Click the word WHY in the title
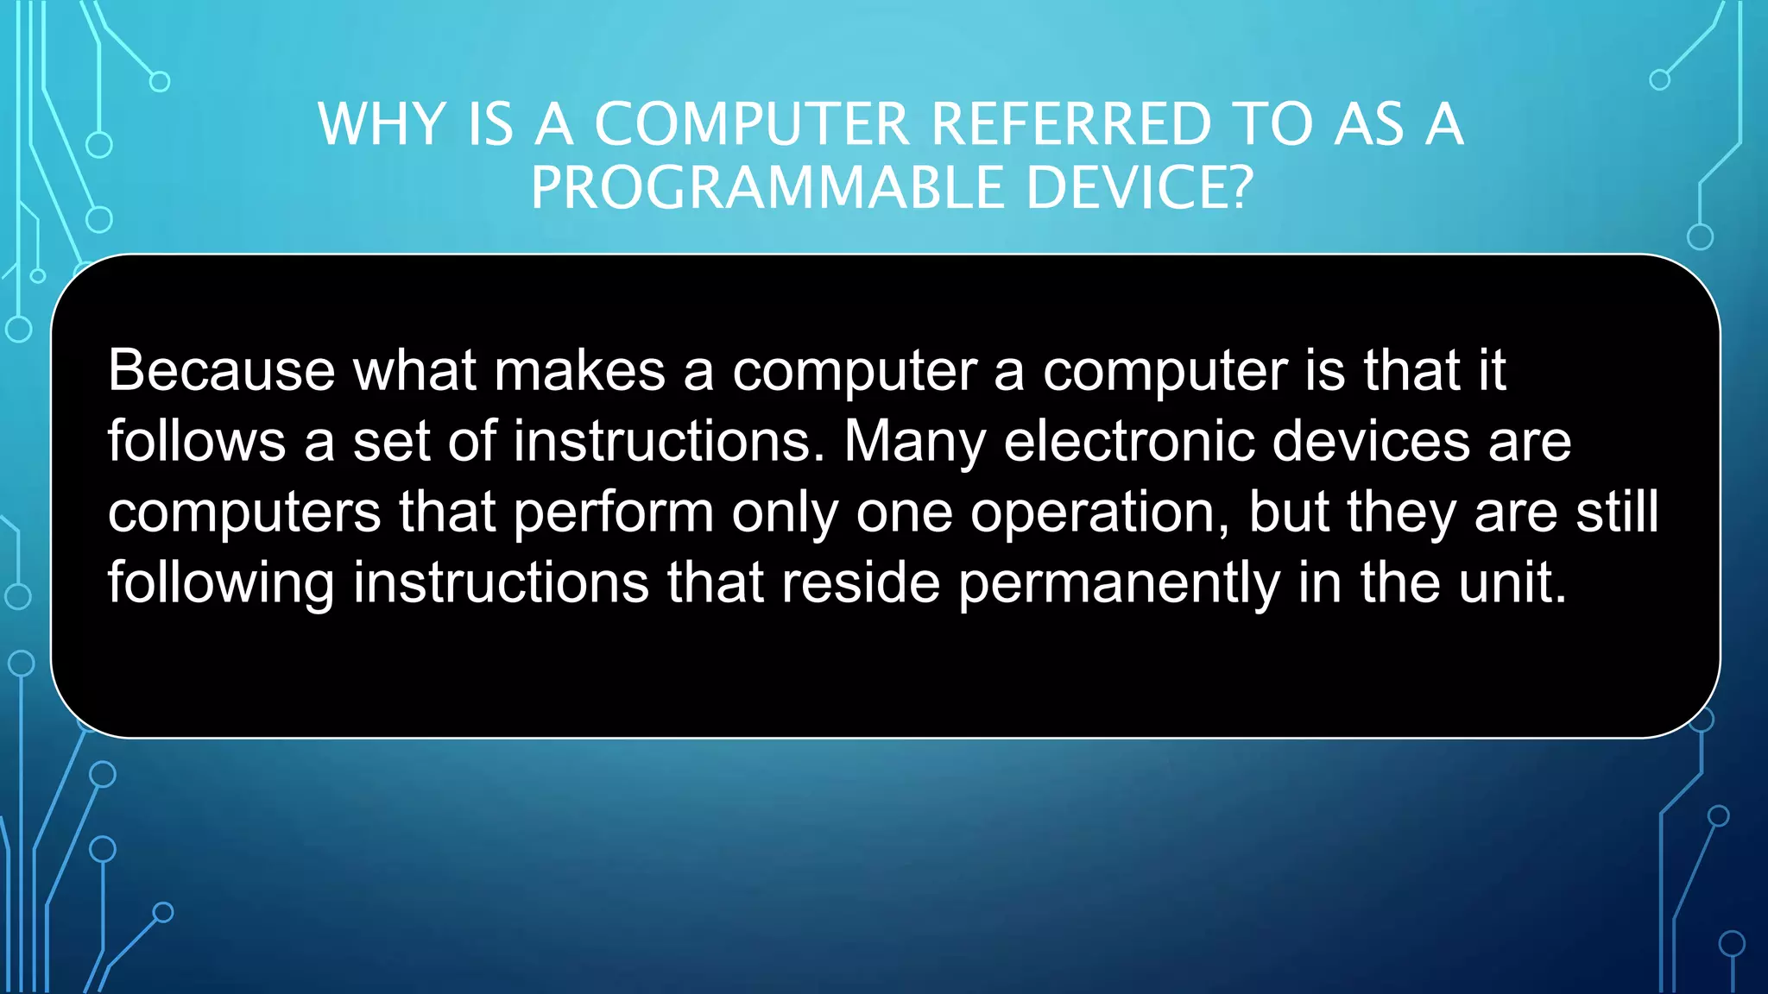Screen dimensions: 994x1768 tap(381, 124)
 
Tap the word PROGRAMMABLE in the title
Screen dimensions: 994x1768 tap(767, 188)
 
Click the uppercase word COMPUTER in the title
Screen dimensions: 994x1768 tap(752, 124)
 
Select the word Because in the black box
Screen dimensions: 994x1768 tap(221, 370)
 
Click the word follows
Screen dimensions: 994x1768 tap(196, 441)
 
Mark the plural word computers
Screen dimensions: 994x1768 tap(244, 513)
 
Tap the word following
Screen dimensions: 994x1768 tap(221, 584)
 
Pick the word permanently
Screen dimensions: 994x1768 tap(1119, 584)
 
